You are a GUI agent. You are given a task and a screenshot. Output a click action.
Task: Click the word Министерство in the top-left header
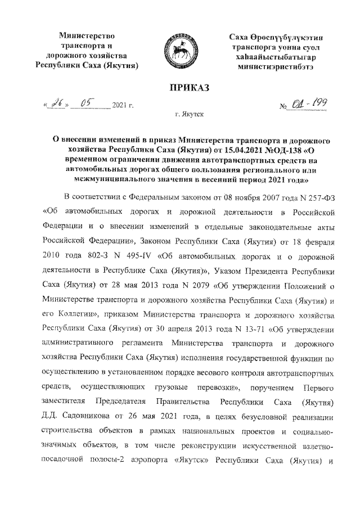pyautogui.click(x=87, y=36)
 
